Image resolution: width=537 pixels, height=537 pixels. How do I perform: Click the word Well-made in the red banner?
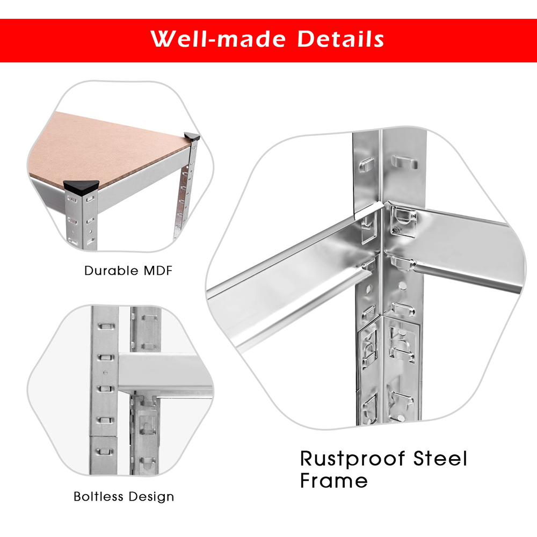click(x=218, y=39)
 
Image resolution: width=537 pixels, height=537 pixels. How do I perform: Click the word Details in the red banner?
click(x=340, y=39)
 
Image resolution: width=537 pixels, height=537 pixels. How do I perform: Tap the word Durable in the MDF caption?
click(x=111, y=271)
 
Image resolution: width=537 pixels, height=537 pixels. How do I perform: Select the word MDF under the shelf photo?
click(x=158, y=271)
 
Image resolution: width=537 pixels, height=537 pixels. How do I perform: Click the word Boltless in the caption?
click(x=99, y=496)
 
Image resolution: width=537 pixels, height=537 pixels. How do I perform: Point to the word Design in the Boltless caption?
click(x=151, y=497)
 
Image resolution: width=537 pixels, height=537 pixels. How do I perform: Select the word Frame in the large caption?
click(x=334, y=480)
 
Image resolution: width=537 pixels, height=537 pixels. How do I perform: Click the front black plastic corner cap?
click(x=81, y=187)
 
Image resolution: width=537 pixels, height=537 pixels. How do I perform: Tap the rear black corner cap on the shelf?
click(x=192, y=136)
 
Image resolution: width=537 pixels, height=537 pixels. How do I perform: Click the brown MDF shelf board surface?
click(x=106, y=147)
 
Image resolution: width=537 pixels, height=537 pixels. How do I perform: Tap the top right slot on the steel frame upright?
click(x=404, y=162)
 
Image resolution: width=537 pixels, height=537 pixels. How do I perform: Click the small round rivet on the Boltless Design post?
click(x=105, y=373)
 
